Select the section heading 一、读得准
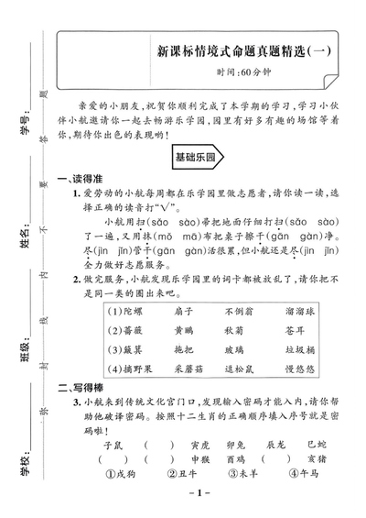80,180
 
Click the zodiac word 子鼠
113,445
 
